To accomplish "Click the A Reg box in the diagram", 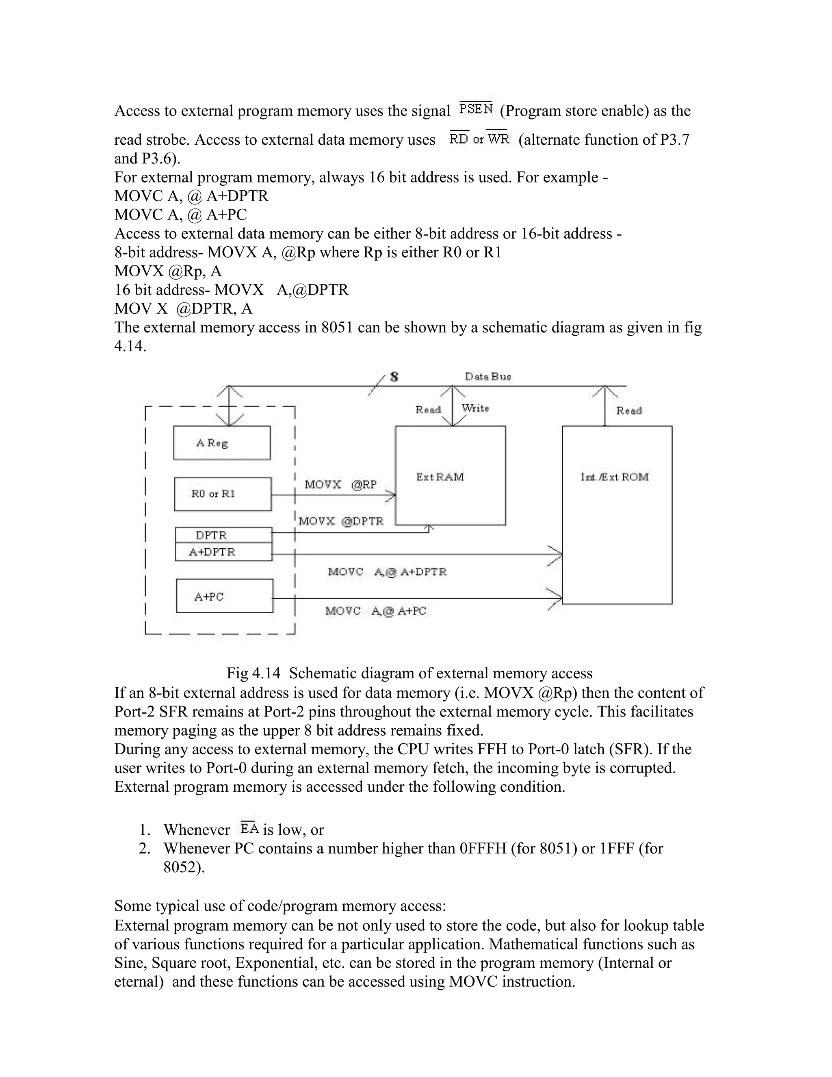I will click(222, 443).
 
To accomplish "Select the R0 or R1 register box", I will click(223, 494).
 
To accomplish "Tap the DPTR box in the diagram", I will click(224, 536).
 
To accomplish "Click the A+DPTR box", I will click(224, 552).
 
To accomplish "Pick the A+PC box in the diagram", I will click(225, 596).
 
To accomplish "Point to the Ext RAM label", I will click(440, 477).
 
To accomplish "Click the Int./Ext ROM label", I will click(615, 477).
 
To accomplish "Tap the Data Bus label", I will click(488, 377).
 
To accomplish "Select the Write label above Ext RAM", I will click(475, 408).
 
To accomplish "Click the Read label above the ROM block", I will click(629, 410).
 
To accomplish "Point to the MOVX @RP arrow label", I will click(340, 485).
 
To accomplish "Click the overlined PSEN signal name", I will click(476, 109).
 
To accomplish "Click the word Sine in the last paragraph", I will click(129, 963).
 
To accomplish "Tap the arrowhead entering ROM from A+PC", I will click(557, 599).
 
